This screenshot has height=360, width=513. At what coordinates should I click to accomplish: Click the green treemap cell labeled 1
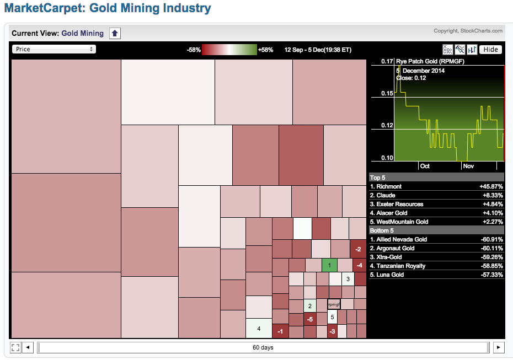tap(329, 265)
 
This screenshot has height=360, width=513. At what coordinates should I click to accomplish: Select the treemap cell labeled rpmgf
tap(334, 304)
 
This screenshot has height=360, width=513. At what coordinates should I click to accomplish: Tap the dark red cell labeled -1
tap(280, 331)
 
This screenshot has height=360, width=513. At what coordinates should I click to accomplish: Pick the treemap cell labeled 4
tap(259, 329)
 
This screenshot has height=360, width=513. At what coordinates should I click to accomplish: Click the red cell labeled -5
tap(310, 319)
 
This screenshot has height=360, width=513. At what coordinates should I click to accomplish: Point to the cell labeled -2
tap(359, 249)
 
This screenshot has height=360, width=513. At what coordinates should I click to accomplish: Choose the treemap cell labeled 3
tap(348, 279)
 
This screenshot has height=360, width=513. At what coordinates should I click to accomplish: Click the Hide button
tap(490, 49)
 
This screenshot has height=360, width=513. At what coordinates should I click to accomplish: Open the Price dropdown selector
tap(54, 49)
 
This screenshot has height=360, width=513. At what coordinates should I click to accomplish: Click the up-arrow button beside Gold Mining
tap(115, 34)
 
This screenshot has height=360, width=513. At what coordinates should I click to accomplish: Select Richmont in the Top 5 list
tap(386, 186)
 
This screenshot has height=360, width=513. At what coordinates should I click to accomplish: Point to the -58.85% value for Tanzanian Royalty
tap(490, 266)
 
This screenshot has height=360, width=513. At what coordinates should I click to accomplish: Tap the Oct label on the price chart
tap(425, 166)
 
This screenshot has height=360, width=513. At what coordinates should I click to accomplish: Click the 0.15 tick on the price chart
tap(386, 94)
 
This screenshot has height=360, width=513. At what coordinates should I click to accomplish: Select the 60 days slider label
tap(263, 347)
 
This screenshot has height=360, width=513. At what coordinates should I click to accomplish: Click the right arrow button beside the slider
tap(498, 347)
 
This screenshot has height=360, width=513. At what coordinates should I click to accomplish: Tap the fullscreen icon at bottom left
tap(15, 347)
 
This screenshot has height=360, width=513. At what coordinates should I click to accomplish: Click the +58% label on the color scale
tap(265, 50)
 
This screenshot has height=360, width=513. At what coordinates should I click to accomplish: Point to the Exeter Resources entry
tap(400, 204)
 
